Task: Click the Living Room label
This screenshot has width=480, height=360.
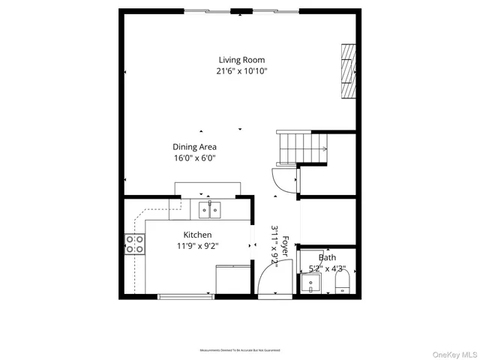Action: (241, 60)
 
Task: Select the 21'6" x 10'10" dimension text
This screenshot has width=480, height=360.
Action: (241, 71)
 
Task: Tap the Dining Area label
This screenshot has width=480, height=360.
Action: (194, 147)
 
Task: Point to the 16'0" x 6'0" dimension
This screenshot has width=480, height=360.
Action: (194, 158)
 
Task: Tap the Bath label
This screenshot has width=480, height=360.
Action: (328, 256)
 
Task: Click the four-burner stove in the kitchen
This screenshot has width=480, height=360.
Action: (135, 244)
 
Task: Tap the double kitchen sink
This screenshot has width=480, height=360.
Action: (210, 209)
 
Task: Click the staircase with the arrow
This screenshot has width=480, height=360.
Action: (304, 148)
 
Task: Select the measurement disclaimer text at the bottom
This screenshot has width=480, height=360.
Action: (240, 350)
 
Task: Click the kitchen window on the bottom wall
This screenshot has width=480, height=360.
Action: (185, 297)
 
